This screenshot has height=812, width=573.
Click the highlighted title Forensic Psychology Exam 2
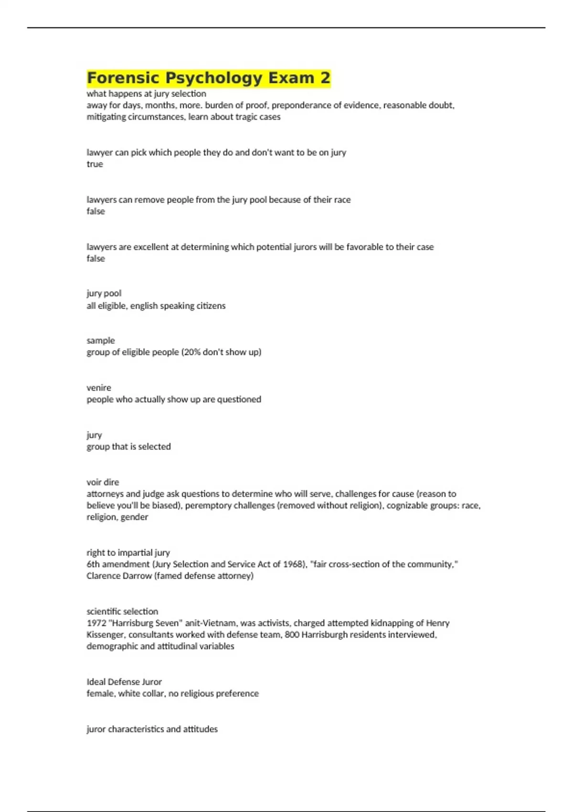click(x=208, y=78)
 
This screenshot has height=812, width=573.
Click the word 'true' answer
click(x=95, y=164)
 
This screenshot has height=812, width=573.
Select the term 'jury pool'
click(x=104, y=293)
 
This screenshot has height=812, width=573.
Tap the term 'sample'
click(x=100, y=340)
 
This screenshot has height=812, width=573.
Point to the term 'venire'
click(x=98, y=387)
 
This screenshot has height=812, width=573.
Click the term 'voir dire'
click(x=103, y=482)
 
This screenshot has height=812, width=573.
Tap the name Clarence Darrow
click(x=119, y=576)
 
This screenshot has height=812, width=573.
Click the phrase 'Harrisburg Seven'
click(x=146, y=623)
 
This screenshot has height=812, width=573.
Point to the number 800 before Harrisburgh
click(x=292, y=635)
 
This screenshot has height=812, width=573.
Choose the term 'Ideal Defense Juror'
click(x=124, y=682)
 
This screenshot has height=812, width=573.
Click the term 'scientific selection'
click(x=122, y=611)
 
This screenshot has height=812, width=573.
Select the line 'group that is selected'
click(x=128, y=447)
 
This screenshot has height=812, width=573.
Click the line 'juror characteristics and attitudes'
click(x=152, y=729)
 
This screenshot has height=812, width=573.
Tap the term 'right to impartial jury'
click(x=128, y=553)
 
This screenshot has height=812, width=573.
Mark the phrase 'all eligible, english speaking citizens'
click(x=156, y=306)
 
